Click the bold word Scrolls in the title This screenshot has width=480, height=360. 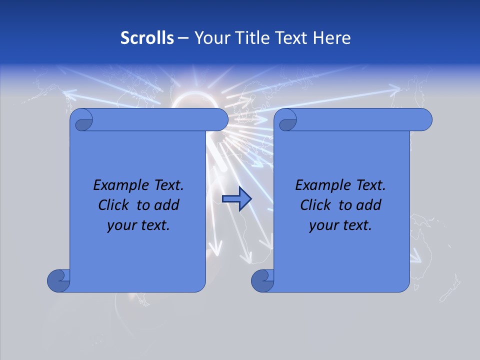coord(147,38)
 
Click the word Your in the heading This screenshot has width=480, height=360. coord(209,38)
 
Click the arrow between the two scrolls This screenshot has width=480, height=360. coord(236,199)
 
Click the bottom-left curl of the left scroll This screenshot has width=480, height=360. coord(58,280)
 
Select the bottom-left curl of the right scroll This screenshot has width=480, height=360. coord(262,280)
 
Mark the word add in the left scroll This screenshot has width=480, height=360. coord(167,205)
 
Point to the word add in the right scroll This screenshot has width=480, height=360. coord(369,205)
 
